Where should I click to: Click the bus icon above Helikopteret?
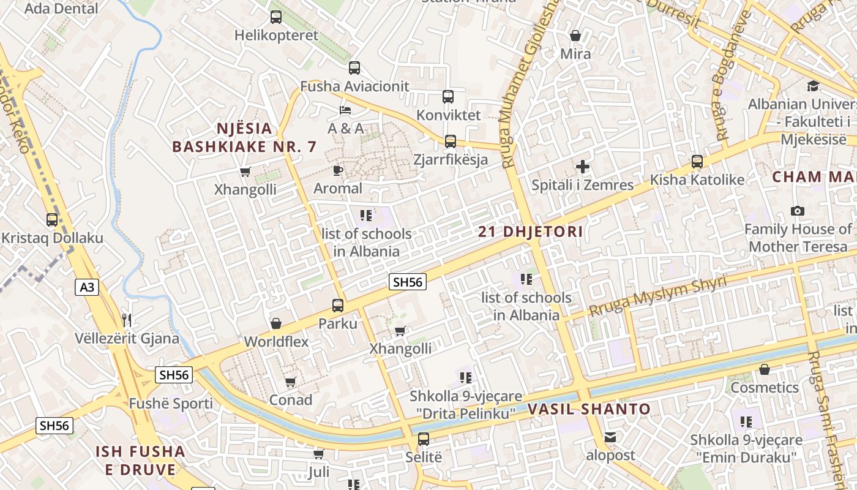coord(276,17)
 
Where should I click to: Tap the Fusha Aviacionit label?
coord(354,86)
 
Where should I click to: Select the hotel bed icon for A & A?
coord(345,110)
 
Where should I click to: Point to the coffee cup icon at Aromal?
coord(338,170)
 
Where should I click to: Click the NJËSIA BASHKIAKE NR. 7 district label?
coord(244,138)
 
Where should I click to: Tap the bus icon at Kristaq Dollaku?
coord(52,219)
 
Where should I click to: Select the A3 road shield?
coord(87,287)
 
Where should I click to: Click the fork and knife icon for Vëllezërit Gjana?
coord(127,320)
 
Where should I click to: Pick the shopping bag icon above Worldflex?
coord(276,323)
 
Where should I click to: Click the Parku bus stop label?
coord(337,323)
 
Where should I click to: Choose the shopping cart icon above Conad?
coord(291,382)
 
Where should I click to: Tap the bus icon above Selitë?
coord(423,439)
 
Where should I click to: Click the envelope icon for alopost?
coord(610,437)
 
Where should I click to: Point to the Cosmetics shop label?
coord(765,388)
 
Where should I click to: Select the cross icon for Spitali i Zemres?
coord(583,167)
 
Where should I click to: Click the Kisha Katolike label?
coord(697,180)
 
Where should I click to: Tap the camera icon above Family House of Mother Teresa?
coord(797,211)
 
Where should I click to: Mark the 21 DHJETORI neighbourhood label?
coord(530,232)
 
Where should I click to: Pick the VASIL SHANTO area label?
coord(589,409)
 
